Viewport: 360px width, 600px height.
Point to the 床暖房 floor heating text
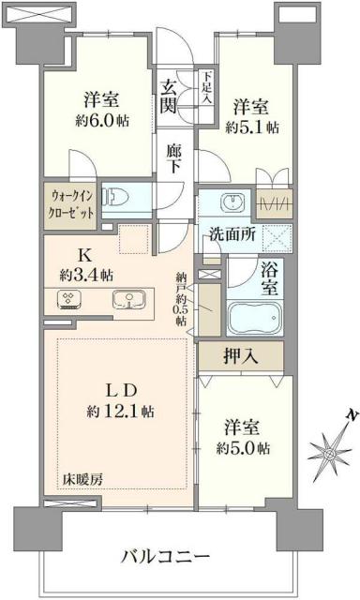click(x=83, y=479)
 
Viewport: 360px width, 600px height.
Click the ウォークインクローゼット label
click(x=72, y=203)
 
